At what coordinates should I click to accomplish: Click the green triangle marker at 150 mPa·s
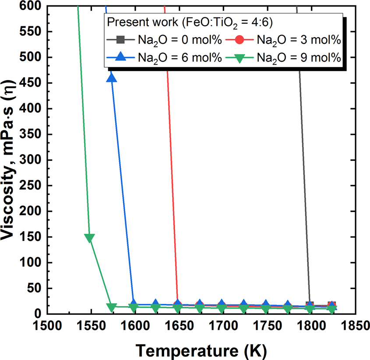(90, 238)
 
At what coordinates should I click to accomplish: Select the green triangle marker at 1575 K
(112, 307)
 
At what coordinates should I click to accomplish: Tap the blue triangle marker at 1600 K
(134, 304)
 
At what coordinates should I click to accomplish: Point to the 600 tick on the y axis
(32, 6)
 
